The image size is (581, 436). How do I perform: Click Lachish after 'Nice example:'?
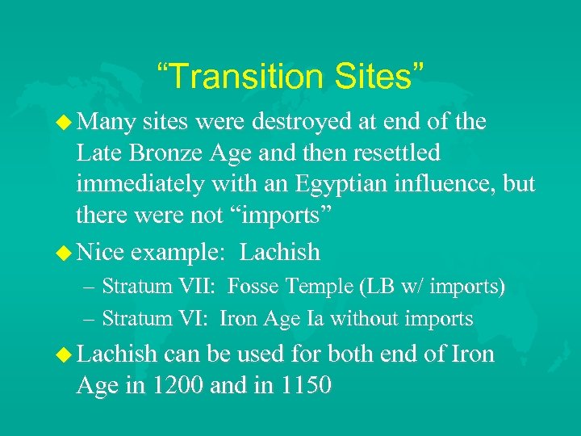[x=280, y=253]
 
